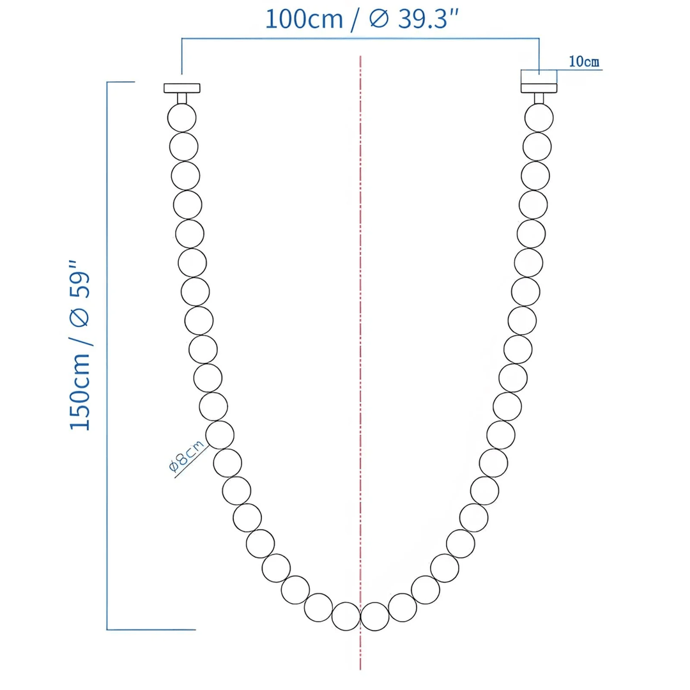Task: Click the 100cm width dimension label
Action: tap(305, 19)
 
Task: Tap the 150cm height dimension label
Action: tap(81, 397)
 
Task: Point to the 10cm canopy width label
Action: tap(583, 62)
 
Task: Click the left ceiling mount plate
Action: tap(182, 88)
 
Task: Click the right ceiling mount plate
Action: tap(539, 88)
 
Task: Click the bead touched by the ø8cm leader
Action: tap(220, 435)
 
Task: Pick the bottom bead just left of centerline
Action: tap(346, 616)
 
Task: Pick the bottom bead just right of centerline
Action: tap(375, 616)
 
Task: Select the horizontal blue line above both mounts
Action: tap(360, 39)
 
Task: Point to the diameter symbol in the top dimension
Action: tap(378, 19)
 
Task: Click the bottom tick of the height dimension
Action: tap(151, 630)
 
